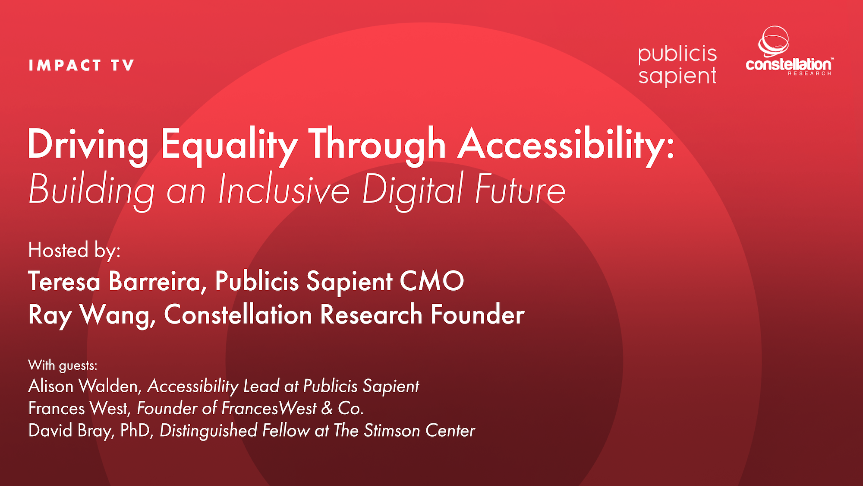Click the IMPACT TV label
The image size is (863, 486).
[x=81, y=66]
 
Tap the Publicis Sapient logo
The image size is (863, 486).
[x=677, y=65]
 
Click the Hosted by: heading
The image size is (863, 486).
[x=74, y=251]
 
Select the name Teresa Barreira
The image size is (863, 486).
[x=114, y=282]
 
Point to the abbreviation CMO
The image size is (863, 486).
[x=431, y=282]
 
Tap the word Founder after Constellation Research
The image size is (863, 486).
[x=477, y=314]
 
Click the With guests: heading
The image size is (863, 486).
[x=63, y=365]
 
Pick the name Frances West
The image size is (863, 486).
[x=79, y=408]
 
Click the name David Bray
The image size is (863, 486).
[x=71, y=431]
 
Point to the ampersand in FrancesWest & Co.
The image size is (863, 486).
[x=327, y=408]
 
